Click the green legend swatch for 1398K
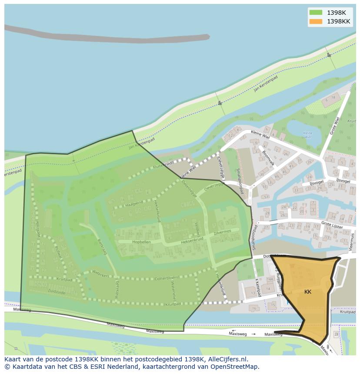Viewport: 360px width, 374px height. click(x=316, y=13)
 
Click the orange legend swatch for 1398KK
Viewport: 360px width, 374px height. click(x=316, y=21)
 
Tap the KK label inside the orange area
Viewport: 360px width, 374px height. click(x=308, y=292)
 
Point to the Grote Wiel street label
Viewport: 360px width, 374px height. click(x=334, y=126)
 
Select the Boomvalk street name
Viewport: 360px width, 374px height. click(x=268, y=158)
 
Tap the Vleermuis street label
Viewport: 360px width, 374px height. click(x=352, y=241)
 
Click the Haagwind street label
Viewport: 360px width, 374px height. click(x=134, y=203)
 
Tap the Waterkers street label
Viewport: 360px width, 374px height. click(x=102, y=273)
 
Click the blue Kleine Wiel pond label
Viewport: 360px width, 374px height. click(x=307, y=135)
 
